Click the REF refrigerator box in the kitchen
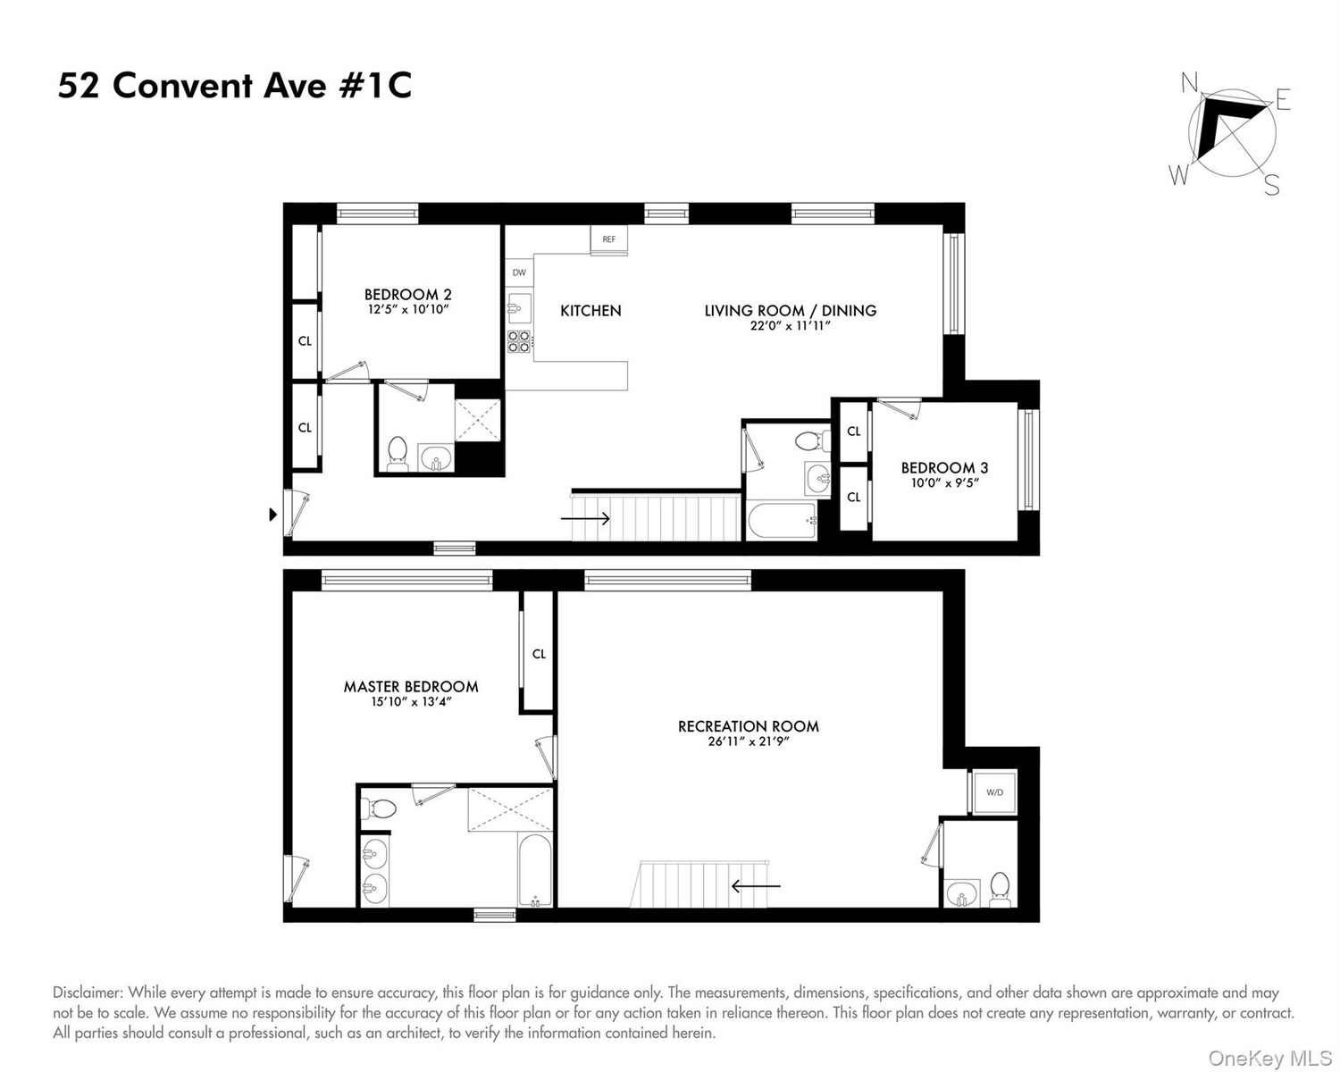609,239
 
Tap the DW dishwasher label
519,272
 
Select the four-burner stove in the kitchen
519,340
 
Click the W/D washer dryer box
994,792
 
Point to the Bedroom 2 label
408,294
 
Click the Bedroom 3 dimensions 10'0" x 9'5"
944,482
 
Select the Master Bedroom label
411,686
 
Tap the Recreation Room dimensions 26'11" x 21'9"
749,741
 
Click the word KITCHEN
590,311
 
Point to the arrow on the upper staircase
585,518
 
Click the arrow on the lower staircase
756,885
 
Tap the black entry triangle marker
272,515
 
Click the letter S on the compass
1271,185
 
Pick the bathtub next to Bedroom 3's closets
783,521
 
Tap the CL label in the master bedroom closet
539,654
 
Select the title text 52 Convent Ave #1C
235,86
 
